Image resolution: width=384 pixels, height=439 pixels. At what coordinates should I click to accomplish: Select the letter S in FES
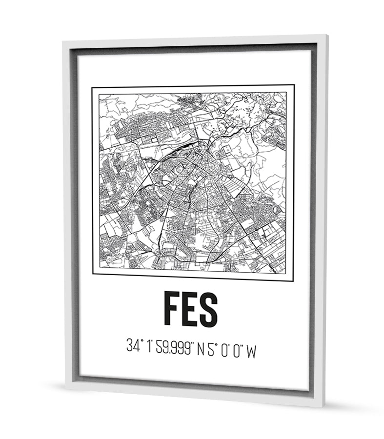point(208,309)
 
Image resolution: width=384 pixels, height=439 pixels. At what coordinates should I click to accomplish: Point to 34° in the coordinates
point(133,347)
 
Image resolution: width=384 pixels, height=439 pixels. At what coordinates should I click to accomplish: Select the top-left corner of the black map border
point(92,88)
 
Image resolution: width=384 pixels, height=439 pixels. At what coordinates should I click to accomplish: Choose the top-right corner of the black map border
point(294,85)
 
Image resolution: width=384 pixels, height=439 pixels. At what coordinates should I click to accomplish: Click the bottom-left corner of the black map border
point(93,274)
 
